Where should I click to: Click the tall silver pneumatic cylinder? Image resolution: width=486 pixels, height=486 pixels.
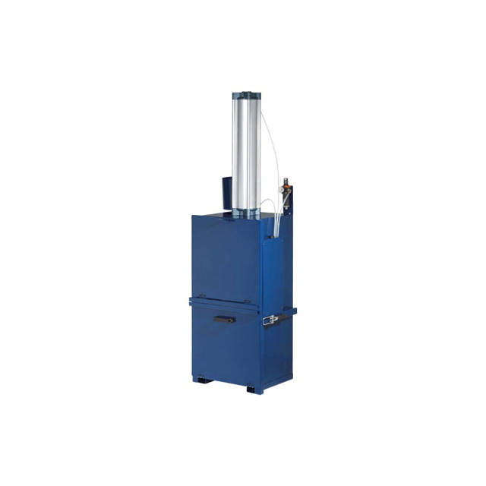tap(246, 152)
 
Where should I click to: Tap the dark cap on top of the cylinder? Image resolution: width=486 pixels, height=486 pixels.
tap(247, 96)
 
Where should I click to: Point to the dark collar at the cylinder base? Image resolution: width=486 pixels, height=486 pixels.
tap(247, 213)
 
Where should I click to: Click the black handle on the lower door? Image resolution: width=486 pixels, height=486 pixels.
tap(224, 320)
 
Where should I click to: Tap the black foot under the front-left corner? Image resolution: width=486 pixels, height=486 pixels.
tap(200, 379)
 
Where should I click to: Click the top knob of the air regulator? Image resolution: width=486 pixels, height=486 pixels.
tap(286, 182)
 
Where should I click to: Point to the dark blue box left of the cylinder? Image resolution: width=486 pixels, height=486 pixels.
tap(227, 194)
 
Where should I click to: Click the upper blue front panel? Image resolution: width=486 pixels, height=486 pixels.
tap(226, 258)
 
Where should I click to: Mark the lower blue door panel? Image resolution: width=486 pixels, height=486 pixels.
tap(226, 346)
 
